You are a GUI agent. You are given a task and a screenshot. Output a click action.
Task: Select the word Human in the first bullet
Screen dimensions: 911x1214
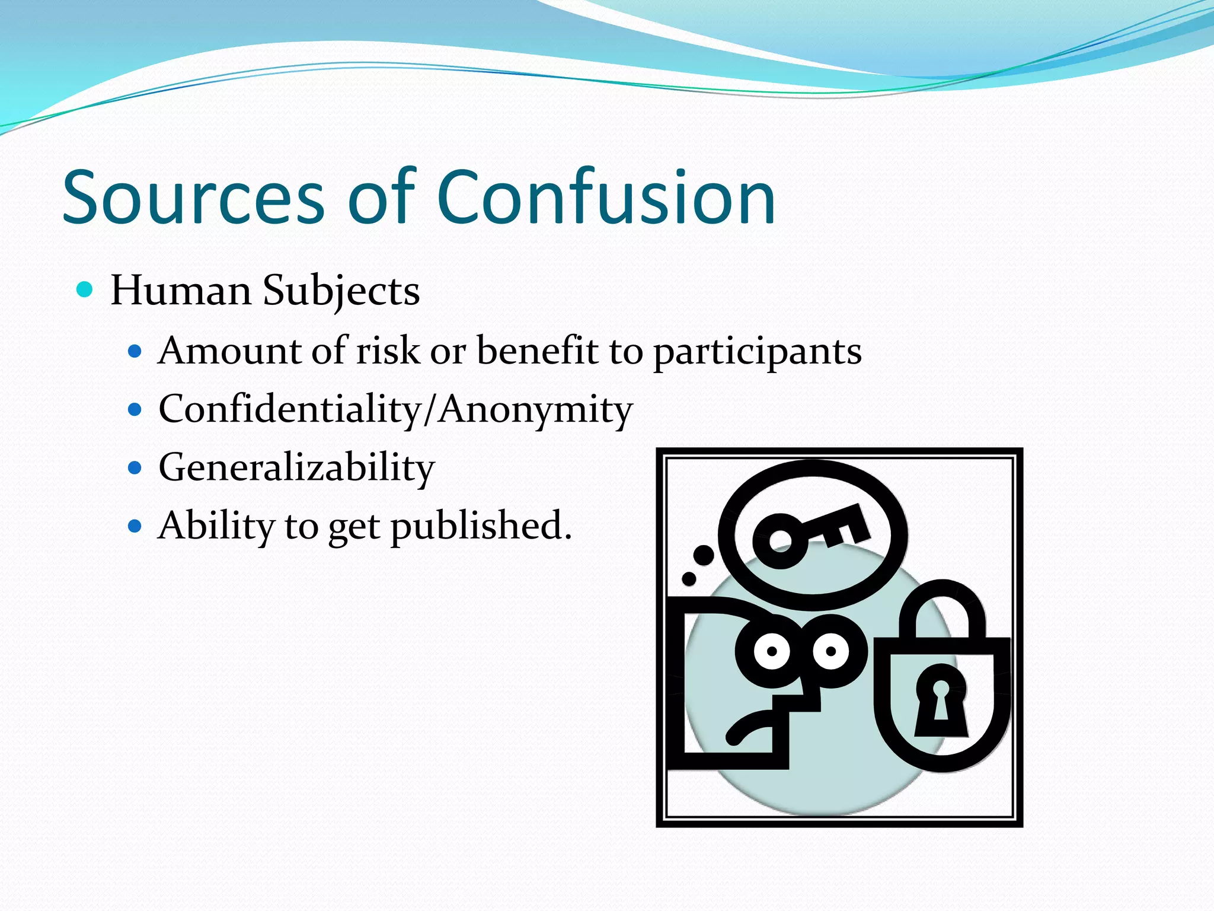click(x=181, y=291)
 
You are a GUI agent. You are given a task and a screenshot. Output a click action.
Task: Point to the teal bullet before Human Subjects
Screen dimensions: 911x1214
click(x=85, y=289)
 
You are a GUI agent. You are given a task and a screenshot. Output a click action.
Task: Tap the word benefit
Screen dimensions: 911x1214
click(x=537, y=351)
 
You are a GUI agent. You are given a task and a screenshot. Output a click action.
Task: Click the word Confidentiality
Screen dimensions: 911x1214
click(x=289, y=409)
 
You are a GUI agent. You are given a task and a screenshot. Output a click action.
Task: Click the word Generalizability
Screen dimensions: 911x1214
click(x=296, y=468)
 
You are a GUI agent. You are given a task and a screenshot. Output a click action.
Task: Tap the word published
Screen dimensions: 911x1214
click(x=481, y=526)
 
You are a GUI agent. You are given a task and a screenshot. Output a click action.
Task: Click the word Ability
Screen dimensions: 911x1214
click(x=216, y=526)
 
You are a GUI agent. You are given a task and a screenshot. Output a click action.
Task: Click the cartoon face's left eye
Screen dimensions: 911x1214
click(x=772, y=651)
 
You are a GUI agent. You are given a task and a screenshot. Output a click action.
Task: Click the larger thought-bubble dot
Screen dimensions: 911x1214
click(x=704, y=555)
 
